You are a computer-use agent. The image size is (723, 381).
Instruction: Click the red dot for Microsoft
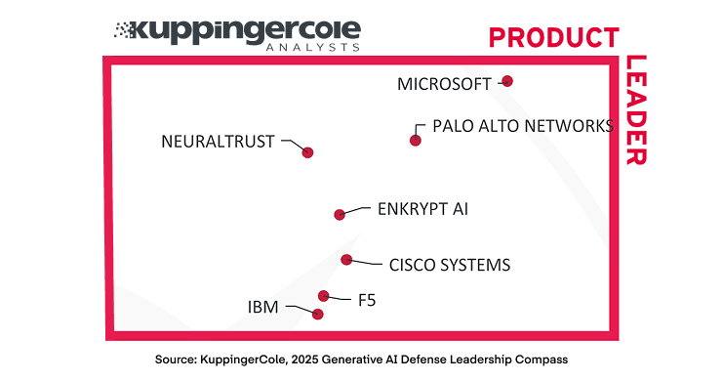point(507,81)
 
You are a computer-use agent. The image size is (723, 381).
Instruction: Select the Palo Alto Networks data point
point(416,140)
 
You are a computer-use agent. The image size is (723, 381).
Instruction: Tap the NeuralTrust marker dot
point(307,151)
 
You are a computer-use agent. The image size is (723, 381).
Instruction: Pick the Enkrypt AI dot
point(340,214)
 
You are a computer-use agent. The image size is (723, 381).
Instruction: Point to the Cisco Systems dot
point(346,259)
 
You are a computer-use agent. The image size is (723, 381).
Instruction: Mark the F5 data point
point(323,295)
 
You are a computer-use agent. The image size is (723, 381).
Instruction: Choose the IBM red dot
point(317,314)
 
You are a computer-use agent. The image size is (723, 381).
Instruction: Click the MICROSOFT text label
point(444,84)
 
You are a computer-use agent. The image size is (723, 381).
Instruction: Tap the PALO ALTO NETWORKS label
point(523,126)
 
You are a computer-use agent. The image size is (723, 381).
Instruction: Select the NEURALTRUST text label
point(218,142)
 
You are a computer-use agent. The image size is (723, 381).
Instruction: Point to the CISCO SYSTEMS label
point(449,265)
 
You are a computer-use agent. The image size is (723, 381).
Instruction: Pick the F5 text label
point(366,300)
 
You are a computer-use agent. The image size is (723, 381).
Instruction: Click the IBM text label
point(262,308)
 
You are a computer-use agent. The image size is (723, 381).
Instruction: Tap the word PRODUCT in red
point(553,37)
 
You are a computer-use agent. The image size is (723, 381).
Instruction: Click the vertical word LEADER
point(636,109)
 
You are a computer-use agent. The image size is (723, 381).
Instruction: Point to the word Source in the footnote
point(179,360)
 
